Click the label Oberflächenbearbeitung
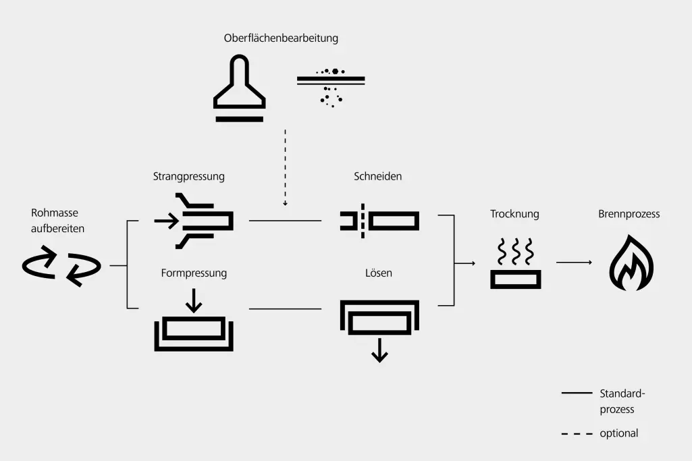[x=281, y=38]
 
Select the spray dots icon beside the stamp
[x=331, y=86]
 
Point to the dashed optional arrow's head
[x=286, y=202]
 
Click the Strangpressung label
[x=188, y=177]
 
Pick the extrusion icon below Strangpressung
[x=194, y=221]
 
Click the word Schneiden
[x=377, y=177]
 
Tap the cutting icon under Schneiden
[x=379, y=221]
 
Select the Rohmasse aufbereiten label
[x=57, y=221]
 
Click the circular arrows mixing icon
[x=61, y=266]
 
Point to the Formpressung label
[x=194, y=273]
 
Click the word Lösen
[x=378, y=273]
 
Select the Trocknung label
[x=514, y=214]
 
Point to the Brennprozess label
[x=629, y=214]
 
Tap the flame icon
[x=631, y=263]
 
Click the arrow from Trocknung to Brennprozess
[x=574, y=263]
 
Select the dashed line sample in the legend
[x=575, y=434]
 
